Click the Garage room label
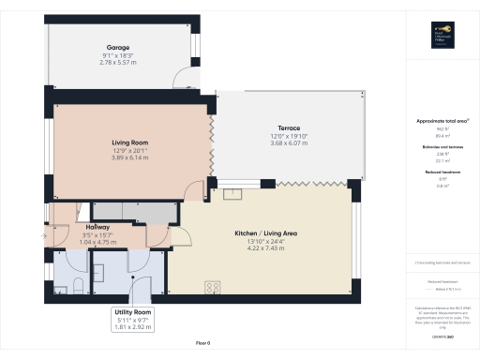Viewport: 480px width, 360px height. pos(117,47)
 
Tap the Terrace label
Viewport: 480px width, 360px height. pos(288,127)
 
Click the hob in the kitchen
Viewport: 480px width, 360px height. pos(212,288)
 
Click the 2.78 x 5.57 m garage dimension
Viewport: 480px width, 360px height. pos(117,62)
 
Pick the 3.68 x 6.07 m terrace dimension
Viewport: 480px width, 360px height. pos(288,142)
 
